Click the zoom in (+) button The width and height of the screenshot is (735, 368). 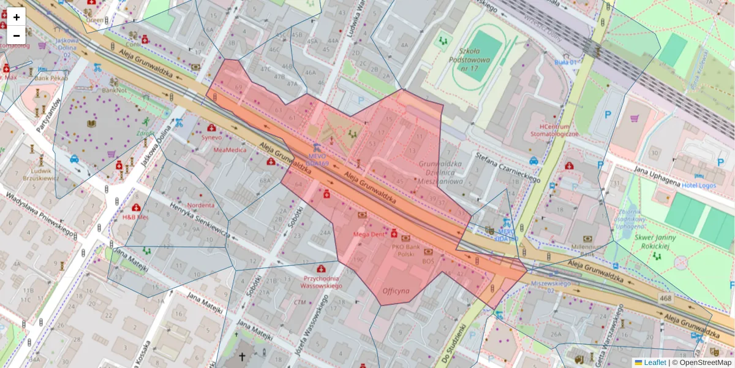(17, 17)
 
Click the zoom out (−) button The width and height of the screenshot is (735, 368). (17, 36)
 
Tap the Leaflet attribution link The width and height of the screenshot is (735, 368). (654, 362)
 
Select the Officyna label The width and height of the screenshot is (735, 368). (396, 291)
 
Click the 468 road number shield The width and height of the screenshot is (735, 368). (666, 297)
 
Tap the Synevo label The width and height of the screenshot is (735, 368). (212, 137)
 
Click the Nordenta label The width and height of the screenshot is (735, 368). (201, 205)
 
